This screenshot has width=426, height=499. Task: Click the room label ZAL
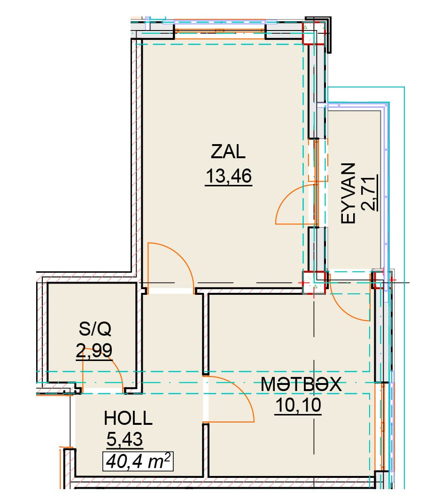228,152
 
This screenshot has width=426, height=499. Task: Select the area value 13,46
229,176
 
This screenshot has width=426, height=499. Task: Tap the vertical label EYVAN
348,193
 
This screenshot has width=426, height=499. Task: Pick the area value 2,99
94,350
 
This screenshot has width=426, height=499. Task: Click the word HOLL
128,418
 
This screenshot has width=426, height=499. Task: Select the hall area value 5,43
124,439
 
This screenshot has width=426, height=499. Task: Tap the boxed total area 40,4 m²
138,461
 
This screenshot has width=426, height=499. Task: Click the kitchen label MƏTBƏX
301,384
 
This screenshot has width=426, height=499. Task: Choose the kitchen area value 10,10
298,405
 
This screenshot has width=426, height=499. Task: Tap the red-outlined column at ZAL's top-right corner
313,33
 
